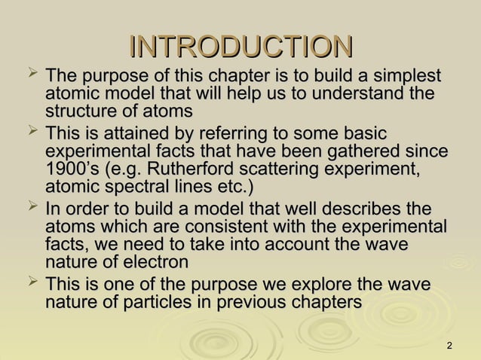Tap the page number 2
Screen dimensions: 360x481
449,346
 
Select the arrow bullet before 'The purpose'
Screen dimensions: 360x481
31,73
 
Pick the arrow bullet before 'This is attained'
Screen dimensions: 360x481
31,131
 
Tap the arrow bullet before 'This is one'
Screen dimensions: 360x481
31,282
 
